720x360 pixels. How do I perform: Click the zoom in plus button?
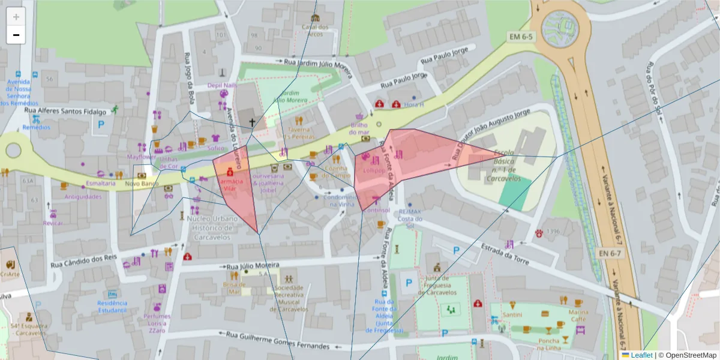[x=16, y=17]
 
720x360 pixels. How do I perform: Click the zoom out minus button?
[x=16, y=35]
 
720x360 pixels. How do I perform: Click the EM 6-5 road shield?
[x=521, y=37]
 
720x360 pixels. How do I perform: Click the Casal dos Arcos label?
[x=315, y=31]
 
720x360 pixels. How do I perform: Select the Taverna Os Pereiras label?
[x=298, y=133]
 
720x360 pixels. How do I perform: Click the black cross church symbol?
[x=253, y=122]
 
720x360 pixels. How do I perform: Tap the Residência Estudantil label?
[x=112, y=307]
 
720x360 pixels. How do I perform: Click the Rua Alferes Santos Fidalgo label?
[x=65, y=111]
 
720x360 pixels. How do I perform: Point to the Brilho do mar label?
[x=359, y=128]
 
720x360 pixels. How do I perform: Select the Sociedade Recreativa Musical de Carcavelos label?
[x=289, y=298]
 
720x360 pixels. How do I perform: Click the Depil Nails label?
[x=222, y=86]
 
